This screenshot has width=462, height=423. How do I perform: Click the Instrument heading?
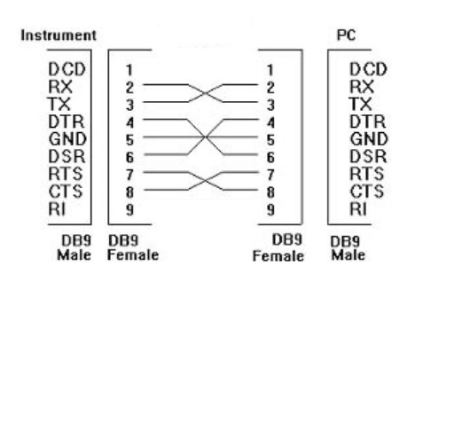point(59,35)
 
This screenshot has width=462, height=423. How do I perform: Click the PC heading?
point(346,35)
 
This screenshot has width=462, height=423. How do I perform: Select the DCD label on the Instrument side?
point(67,69)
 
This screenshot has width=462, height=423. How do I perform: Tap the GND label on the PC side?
point(369,139)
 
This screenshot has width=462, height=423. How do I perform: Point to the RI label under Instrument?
point(57,208)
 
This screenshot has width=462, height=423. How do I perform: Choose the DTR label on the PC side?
point(367,121)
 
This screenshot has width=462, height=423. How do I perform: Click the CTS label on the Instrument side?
point(66,192)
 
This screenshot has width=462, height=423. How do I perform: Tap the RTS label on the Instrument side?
point(66,174)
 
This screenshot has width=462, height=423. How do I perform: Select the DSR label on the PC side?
point(368,156)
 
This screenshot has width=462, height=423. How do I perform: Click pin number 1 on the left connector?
point(129,70)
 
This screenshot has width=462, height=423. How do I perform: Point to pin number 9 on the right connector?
point(270,210)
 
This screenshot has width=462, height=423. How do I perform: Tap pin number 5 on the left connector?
point(129,140)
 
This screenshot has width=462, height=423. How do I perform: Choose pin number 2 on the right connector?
point(270,88)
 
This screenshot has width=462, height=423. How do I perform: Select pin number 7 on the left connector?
point(129,175)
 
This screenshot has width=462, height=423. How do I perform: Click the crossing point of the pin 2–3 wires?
point(205,93)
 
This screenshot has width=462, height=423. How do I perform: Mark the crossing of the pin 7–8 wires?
point(205,181)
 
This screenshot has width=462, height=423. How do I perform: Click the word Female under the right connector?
point(278,256)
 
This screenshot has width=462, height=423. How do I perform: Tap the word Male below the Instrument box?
point(74,255)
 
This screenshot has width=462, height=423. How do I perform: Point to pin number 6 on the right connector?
point(270,157)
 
